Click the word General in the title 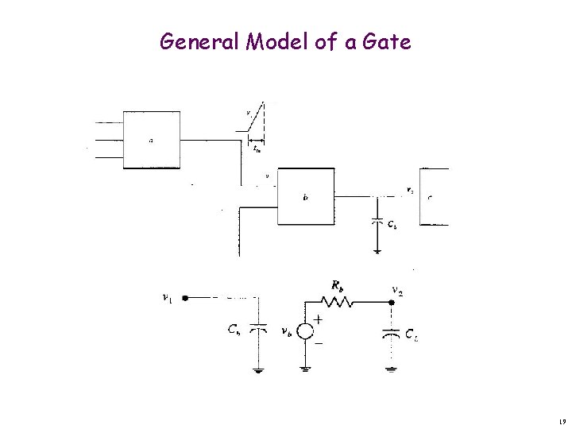199,41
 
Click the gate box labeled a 151,140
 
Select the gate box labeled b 306,197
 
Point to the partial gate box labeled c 434,196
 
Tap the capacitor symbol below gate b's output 377,222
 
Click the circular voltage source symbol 304,333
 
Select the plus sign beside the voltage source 319,319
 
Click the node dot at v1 184,299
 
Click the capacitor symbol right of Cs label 257,329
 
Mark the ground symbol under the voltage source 304,367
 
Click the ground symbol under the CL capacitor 391,367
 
